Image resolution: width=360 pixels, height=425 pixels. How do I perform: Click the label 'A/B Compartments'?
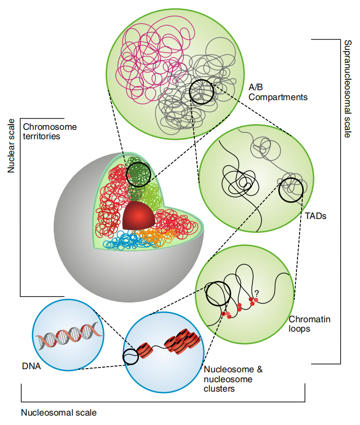coord(278,92)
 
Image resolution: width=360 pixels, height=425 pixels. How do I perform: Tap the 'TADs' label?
coord(316,216)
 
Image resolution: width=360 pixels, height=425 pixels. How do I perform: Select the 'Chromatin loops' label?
coord(309,324)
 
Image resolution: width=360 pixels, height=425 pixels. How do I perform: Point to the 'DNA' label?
coord(31,366)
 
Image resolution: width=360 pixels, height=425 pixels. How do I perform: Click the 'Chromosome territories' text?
coord(50,131)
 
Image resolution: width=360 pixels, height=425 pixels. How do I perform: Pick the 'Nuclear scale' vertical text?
coord(11,146)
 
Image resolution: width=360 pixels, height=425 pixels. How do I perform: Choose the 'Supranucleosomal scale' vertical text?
coord(347,89)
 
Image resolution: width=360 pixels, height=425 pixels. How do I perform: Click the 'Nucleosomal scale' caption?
coord(59,412)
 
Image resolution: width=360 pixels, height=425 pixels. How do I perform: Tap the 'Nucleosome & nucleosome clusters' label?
coord(233,379)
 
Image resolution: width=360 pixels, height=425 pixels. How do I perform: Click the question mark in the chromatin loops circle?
coord(256,293)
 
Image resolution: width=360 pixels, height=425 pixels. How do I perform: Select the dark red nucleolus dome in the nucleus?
coord(139,216)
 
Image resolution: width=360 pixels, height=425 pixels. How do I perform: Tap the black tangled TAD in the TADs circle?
coord(240,181)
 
